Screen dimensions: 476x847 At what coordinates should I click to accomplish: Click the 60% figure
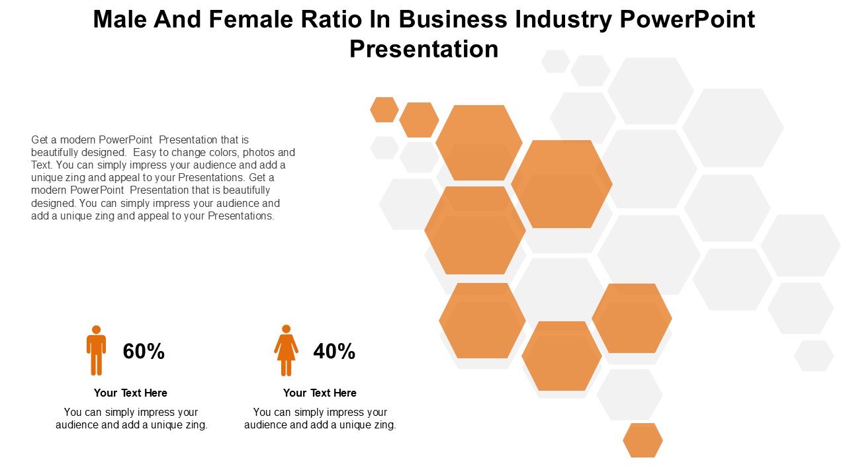(x=144, y=352)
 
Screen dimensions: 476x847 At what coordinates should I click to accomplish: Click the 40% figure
(x=334, y=352)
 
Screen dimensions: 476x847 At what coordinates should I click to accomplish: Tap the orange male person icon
(x=96, y=350)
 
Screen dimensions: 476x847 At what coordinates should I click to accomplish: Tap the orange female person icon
(x=286, y=350)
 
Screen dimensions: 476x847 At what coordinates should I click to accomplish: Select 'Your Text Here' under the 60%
(x=130, y=393)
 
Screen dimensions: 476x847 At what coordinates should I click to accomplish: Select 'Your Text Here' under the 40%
(x=320, y=393)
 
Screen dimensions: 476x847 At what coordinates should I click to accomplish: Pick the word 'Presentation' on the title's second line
(x=423, y=49)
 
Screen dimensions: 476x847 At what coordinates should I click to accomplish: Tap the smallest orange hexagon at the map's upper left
(x=384, y=110)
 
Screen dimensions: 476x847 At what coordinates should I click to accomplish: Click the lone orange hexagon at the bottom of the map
(x=643, y=440)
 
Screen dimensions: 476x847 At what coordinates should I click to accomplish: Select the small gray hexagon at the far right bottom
(x=814, y=356)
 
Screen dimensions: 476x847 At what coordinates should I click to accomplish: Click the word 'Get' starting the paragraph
(x=40, y=139)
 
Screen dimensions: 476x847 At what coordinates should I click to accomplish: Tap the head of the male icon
(x=96, y=329)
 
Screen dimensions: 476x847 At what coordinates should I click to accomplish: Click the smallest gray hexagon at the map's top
(x=555, y=61)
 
